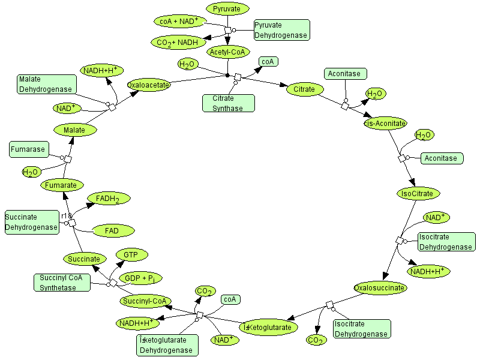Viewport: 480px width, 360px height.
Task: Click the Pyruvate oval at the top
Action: [x=227, y=9]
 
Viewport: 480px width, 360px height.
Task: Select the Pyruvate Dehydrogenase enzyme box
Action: [x=281, y=31]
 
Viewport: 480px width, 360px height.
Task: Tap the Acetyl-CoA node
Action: [x=227, y=53]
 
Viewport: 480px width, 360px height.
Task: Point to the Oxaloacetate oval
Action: [x=149, y=85]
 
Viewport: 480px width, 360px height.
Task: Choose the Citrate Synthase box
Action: [x=228, y=103]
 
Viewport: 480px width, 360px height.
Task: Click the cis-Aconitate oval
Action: [x=385, y=123]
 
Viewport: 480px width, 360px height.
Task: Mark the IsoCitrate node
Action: [x=419, y=193]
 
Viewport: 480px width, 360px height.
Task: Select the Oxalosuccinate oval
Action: [x=380, y=288]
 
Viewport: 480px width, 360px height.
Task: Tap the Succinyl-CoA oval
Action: [x=146, y=301]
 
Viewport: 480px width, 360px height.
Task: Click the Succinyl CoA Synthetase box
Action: [x=62, y=283]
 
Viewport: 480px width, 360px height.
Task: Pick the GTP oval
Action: [x=131, y=255]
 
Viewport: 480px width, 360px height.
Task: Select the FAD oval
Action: [x=112, y=230]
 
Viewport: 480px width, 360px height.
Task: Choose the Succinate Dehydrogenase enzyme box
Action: [x=31, y=222]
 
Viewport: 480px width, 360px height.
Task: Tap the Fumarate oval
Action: [x=61, y=185]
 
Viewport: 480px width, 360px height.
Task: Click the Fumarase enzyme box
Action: [x=28, y=149]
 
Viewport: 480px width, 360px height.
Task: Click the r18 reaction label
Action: [x=66, y=215]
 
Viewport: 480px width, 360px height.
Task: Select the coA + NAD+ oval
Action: [x=180, y=21]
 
